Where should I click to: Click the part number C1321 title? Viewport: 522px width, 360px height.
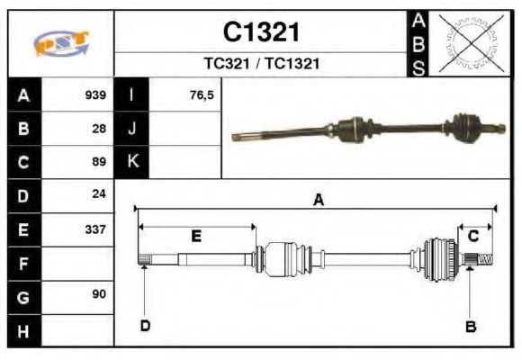pyautogui.click(x=261, y=32)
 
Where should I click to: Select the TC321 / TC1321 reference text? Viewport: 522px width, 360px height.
pyautogui.click(x=261, y=64)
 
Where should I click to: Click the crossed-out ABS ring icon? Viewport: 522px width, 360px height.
pyautogui.click(x=468, y=42)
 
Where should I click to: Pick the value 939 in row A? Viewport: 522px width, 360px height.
pyautogui.click(x=95, y=95)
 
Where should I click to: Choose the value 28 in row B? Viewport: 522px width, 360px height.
pyautogui.click(x=99, y=129)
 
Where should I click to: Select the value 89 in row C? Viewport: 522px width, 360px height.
pyautogui.click(x=99, y=163)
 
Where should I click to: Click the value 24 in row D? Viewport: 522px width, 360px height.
pyautogui.click(x=99, y=194)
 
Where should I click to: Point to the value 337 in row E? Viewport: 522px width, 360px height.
pyautogui.click(x=95, y=229)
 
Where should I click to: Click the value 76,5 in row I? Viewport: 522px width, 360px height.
pyautogui.click(x=202, y=95)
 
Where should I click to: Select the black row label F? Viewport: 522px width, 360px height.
pyautogui.click(x=23, y=263)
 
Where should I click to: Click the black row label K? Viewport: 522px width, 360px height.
pyautogui.click(x=132, y=162)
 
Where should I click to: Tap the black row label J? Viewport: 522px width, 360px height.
pyautogui.click(x=132, y=129)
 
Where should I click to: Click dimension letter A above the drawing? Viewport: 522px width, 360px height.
pyautogui.click(x=318, y=201)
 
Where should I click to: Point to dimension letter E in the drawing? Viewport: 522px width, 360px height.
pyautogui.click(x=196, y=236)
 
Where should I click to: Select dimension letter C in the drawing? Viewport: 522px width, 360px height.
pyautogui.click(x=473, y=236)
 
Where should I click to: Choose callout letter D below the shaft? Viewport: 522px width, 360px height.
pyautogui.click(x=145, y=326)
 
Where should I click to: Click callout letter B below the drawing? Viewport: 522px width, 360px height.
pyautogui.click(x=470, y=326)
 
